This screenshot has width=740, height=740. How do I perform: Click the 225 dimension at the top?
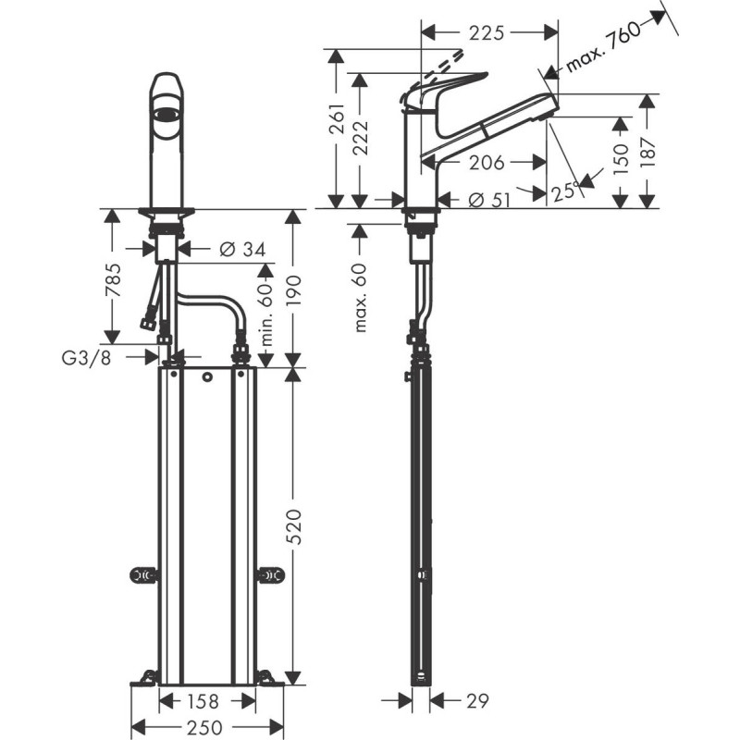[487, 33]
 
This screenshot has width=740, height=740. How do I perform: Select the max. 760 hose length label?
[605, 46]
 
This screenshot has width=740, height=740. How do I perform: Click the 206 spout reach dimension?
[486, 163]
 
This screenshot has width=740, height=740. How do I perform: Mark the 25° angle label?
[564, 191]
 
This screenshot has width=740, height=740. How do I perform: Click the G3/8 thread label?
[90, 358]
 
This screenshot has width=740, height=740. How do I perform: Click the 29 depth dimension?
[475, 701]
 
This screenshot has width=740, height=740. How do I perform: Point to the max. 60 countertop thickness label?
[361, 295]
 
